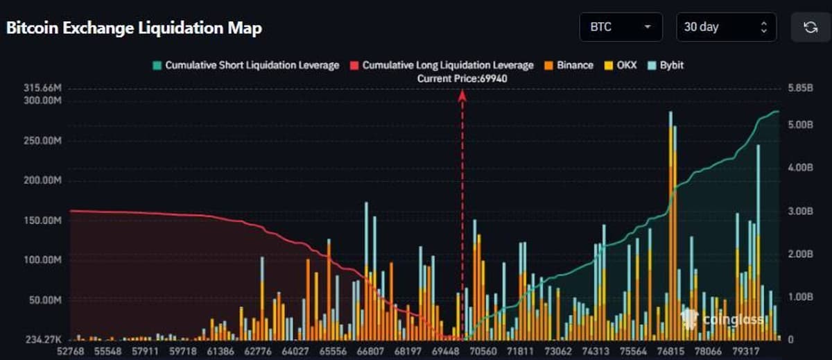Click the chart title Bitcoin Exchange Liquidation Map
pyautogui.click(x=134, y=28)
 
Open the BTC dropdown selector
pyautogui.click(x=621, y=27)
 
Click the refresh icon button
pyautogui.click(x=810, y=27)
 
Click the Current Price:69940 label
pyautogui.click(x=462, y=79)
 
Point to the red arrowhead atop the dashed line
pyautogui.click(x=462, y=96)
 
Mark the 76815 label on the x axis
pyautogui.click(x=671, y=352)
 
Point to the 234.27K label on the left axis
pyautogui.click(x=42, y=340)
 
